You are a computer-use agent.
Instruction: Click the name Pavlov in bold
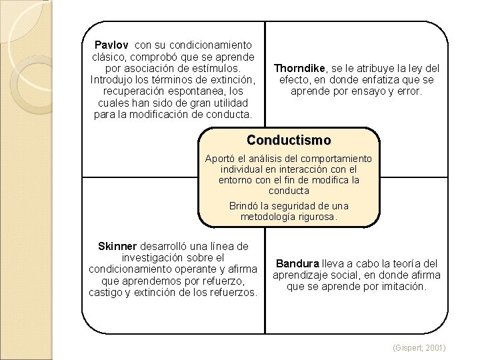pyautogui.click(x=112, y=45)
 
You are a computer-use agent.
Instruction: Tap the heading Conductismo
pyautogui.click(x=288, y=141)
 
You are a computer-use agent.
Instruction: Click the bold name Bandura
pyautogui.click(x=297, y=263)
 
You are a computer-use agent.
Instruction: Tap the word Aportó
pyautogui.click(x=221, y=159)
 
